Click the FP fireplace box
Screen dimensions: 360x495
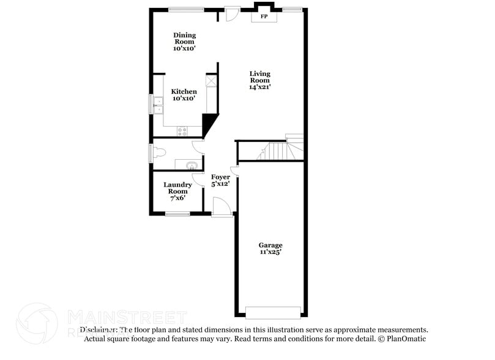[264, 17]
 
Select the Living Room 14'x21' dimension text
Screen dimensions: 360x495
[259, 87]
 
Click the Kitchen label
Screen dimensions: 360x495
[184, 92]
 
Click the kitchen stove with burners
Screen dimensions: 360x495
[182, 130]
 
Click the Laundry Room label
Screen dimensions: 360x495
[177, 188]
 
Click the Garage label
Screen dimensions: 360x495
[270, 245]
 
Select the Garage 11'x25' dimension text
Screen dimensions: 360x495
[270, 252]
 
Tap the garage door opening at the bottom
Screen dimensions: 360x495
[273, 312]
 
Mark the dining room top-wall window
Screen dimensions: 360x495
[187, 9]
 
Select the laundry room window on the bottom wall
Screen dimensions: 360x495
[177, 214]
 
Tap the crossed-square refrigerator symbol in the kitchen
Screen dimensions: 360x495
[212, 81]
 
